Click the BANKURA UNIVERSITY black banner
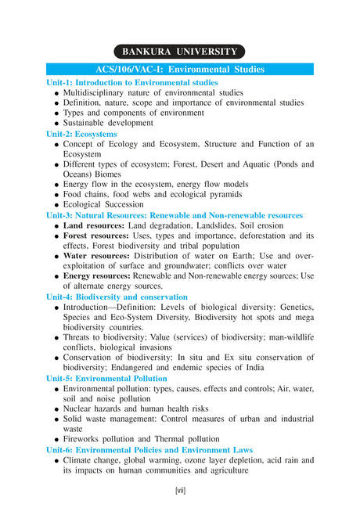pyautogui.click(x=179, y=52)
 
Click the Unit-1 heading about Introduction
pyautogui.click(x=131, y=82)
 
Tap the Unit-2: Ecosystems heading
pyautogui.click(x=81, y=134)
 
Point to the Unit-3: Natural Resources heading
pyautogui.click(x=174, y=215)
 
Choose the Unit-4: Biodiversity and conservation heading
pyautogui.click(x=117, y=297)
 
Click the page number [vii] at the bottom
pyautogui.click(x=180, y=491)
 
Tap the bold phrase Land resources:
pyautogui.click(x=94, y=225)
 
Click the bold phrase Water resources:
pyautogui.click(x=95, y=256)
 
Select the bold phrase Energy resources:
pyautogui.click(x=98, y=276)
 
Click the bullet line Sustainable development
pyautogui.click(x=108, y=123)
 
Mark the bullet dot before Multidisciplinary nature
pyautogui.click(x=56, y=93)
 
